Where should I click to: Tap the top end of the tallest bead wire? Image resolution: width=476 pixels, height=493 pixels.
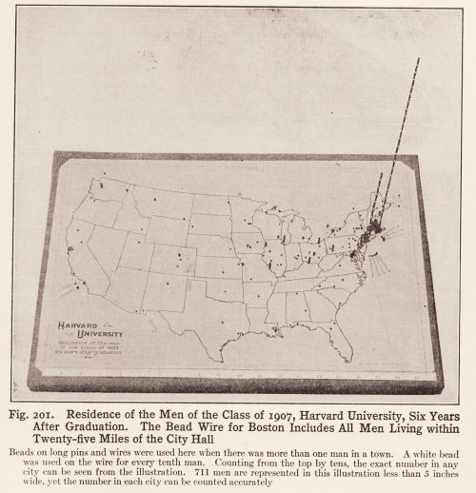click(x=418, y=59)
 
